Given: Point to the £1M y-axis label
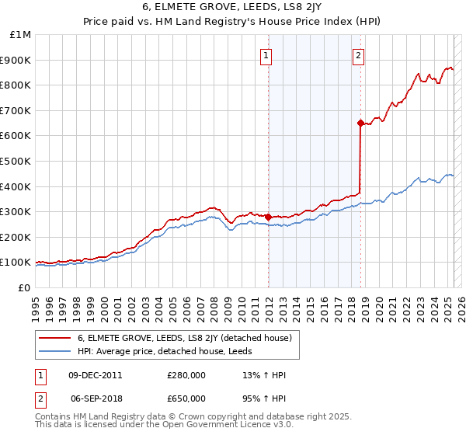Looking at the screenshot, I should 19,35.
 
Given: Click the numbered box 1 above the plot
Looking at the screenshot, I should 266,55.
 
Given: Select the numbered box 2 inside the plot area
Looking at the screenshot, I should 358,55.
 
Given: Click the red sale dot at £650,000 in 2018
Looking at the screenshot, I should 360,123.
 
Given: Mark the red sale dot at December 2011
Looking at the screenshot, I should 268,217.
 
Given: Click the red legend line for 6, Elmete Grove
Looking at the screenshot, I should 54,338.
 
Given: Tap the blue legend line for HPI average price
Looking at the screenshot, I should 54,351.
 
